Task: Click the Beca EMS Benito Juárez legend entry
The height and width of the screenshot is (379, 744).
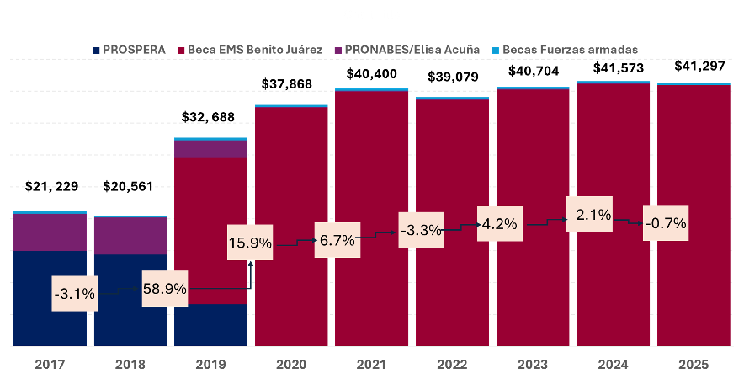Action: (x=255, y=50)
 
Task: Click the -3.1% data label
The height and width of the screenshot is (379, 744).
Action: (x=74, y=295)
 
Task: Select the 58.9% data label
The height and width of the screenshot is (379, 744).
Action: (x=164, y=289)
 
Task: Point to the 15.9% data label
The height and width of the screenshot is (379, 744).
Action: (x=250, y=243)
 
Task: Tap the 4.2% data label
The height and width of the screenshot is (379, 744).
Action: (x=499, y=224)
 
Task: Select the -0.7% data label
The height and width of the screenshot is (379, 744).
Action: (x=666, y=223)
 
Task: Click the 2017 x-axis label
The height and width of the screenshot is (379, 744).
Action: (x=50, y=365)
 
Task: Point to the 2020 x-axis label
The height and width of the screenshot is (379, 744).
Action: (x=291, y=365)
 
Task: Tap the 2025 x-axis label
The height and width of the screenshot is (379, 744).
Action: (x=693, y=365)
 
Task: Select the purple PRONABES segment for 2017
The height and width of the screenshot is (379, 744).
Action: (x=50, y=232)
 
